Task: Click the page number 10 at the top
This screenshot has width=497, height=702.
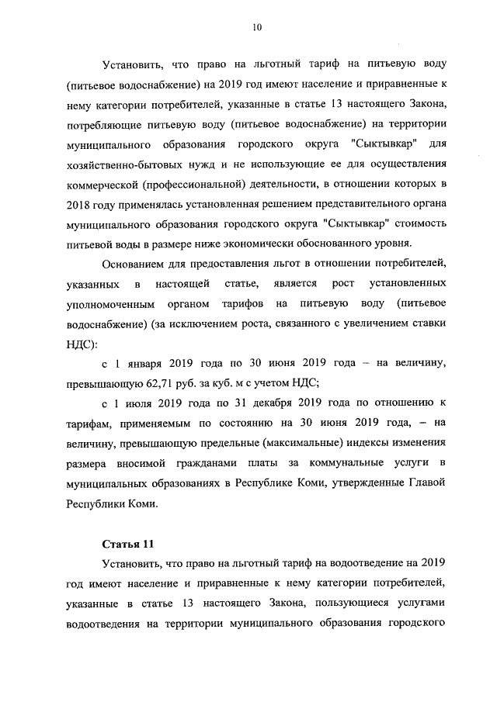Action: tap(257, 27)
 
